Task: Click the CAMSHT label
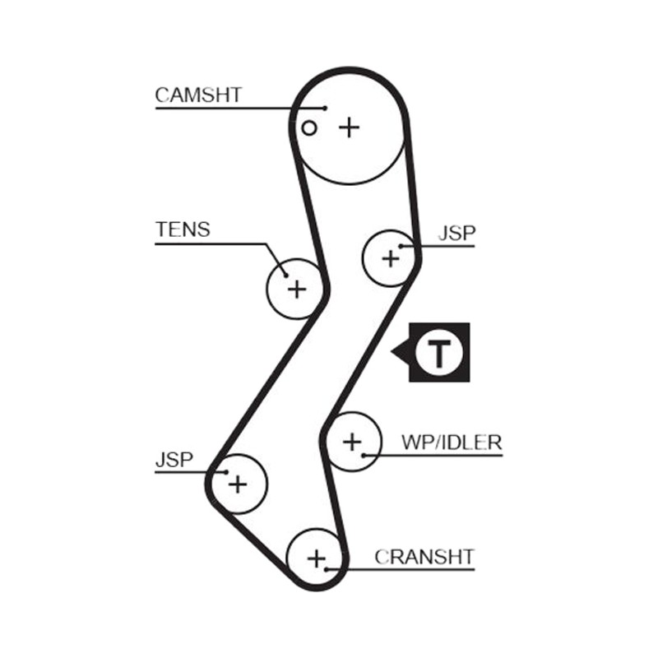(198, 95)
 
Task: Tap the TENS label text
(183, 229)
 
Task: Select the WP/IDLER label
(451, 443)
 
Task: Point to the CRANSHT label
(424, 557)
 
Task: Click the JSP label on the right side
(457, 234)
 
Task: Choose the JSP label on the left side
(174, 460)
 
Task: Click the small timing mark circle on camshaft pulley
(309, 128)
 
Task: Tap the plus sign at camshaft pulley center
(349, 127)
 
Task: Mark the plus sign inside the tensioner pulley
(297, 290)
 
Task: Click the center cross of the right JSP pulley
(391, 258)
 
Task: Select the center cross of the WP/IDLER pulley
(352, 442)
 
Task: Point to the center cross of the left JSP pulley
(238, 484)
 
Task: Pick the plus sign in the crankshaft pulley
(317, 559)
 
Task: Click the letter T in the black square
(439, 354)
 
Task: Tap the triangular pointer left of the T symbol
(401, 352)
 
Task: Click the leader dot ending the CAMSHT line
(325, 109)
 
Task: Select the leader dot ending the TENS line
(286, 276)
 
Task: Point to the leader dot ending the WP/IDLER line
(364, 456)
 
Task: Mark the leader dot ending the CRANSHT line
(326, 569)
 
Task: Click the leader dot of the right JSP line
(401, 246)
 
